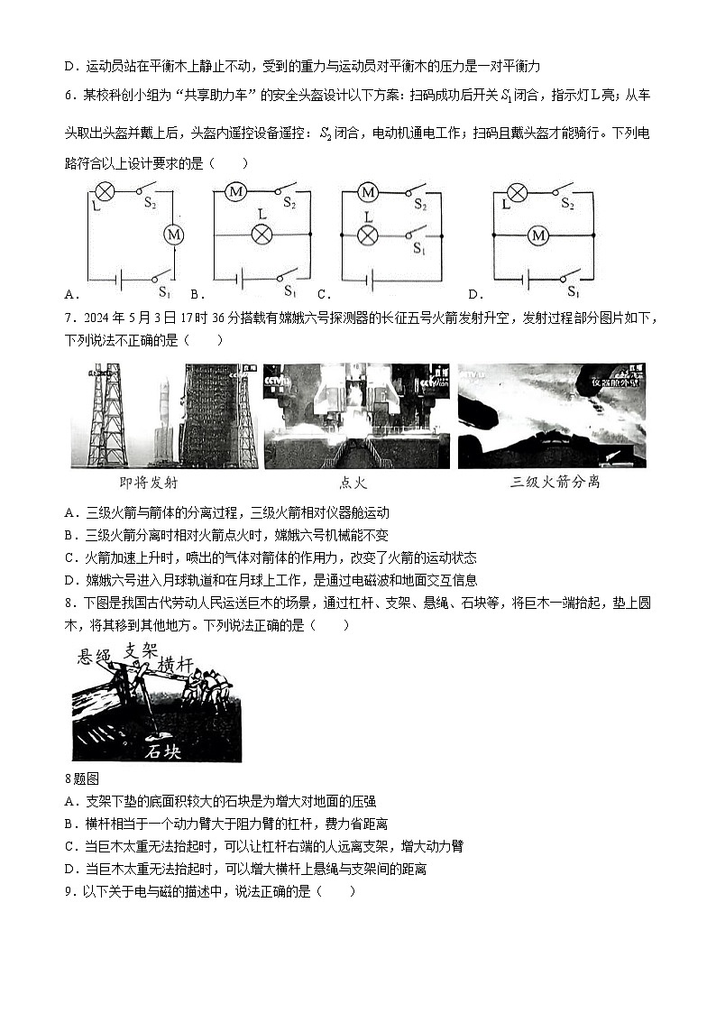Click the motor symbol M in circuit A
click(x=173, y=235)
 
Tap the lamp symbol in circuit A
click(x=105, y=191)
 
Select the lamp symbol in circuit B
click(x=262, y=235)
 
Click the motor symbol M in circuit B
click(x=236, y=191)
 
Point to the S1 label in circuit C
click(x=420, y=248)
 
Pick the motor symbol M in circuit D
click(x=538, y=235)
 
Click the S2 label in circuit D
click(x=567, y=205)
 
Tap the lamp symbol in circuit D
click(x=517, y=191)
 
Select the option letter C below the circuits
click(x=322, y=294)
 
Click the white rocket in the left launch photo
click(x=164, y=410)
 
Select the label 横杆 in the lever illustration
click(x=176, y=665)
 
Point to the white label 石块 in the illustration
click(x=168, y=751)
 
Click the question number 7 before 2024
click(x=69, y=318)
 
